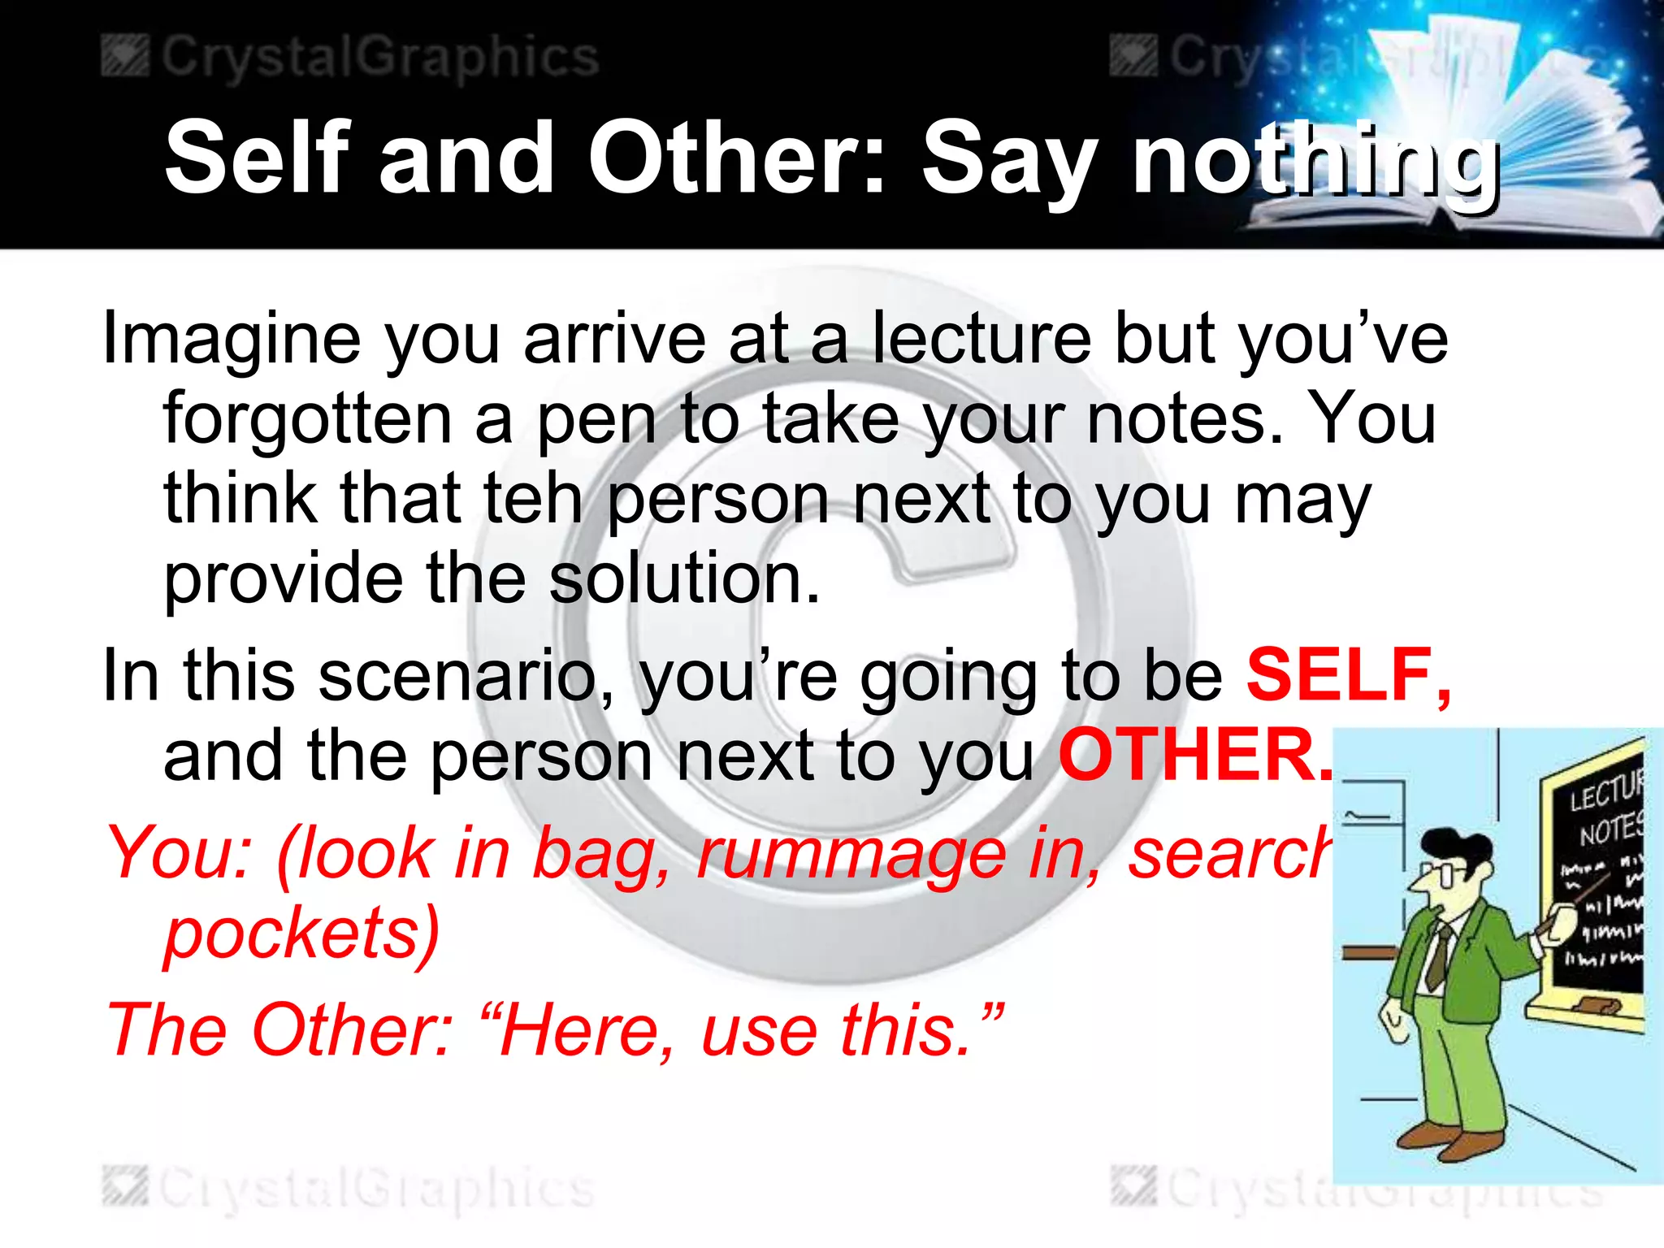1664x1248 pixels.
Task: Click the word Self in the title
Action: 258,158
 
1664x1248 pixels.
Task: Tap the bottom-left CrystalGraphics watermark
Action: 349,1189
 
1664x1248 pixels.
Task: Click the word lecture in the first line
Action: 981,340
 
